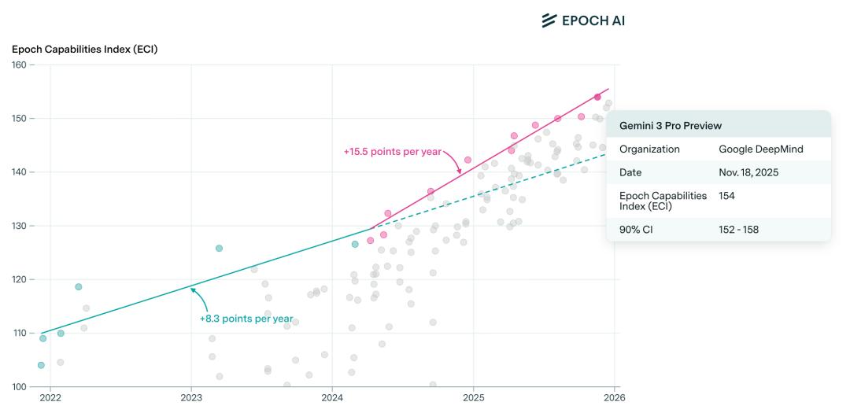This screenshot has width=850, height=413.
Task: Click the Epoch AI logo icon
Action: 549,20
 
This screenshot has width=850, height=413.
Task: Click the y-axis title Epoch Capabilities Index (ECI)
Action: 85,50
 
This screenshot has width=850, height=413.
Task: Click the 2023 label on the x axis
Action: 191,399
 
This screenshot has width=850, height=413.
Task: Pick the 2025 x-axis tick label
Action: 473,399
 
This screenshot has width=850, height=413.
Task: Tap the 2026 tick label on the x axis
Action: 614,399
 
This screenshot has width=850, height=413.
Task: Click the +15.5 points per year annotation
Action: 392,152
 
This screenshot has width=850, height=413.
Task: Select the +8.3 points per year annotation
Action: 246,319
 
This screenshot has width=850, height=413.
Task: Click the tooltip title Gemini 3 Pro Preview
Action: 671,126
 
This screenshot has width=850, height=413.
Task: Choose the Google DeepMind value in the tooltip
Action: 760,149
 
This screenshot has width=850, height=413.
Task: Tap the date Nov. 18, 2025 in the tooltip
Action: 748,172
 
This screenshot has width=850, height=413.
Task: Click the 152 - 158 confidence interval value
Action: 738,230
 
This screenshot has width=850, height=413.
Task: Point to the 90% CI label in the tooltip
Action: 636,230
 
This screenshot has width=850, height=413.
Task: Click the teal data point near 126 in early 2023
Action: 219,249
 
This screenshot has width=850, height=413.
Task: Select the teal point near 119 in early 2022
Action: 79,287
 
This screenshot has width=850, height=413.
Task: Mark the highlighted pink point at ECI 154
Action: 597,98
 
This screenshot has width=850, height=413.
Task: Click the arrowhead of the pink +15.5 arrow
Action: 460,172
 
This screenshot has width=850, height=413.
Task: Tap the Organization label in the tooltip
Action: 649,149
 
